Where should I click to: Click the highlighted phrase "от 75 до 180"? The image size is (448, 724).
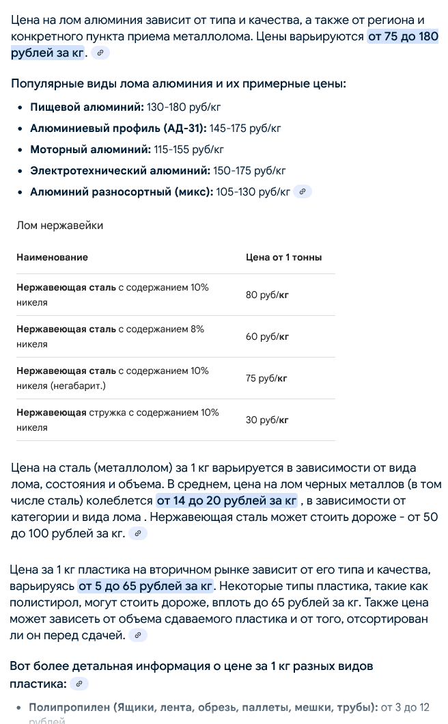click(x=403, y=37)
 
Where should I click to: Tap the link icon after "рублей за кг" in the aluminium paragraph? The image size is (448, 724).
click(x=100, y=53)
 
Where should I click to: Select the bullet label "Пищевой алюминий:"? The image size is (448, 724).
click(x=87, y=107)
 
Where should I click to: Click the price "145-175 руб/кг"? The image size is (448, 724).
click(x=245, y=129)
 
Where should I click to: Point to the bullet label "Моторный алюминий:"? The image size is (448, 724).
click(x=90, y=150)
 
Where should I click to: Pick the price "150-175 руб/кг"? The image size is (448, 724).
click(x=249, y=171)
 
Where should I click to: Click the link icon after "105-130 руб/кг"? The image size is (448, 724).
click(x=303, y=192)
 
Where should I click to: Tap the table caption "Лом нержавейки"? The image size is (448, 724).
click(x=60, y=226)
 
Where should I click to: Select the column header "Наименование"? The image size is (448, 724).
click(x=53, y=258)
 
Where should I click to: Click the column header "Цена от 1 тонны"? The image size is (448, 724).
click(x=283, y=258)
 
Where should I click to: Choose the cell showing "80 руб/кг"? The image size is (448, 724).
click(x=266, y=295)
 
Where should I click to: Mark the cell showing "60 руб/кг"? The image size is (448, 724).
click(x=266, y=337)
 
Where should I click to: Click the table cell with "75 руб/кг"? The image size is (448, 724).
click(x=266, y=379)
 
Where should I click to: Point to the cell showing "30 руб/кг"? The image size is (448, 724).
click(x=266, y=420)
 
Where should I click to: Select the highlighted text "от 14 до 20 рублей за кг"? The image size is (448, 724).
click(x=226, y=501)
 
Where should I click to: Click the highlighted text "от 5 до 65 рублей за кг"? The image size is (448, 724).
click(x=146, y=587)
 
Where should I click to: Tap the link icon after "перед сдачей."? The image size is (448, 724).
click(x=138, y=636)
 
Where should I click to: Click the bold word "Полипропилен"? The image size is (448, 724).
click(x=68, y=707)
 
